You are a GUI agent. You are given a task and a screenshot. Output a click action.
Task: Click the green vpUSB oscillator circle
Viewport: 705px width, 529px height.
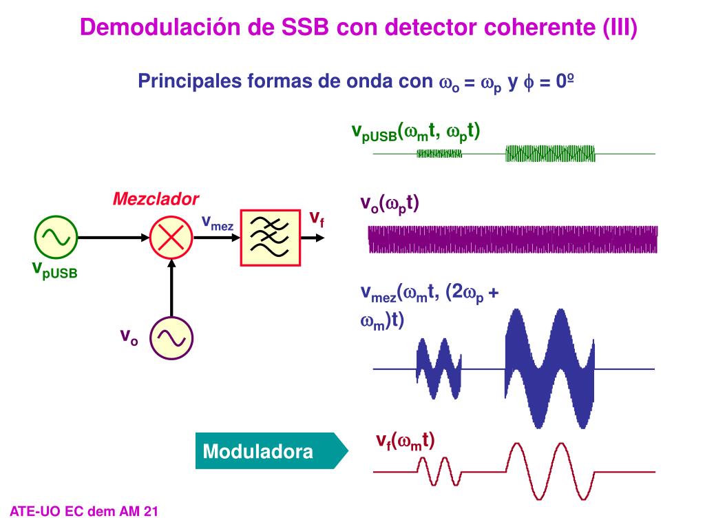tap(55, 236)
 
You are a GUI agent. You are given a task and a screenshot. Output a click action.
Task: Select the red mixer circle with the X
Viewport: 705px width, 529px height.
tap(169, 236)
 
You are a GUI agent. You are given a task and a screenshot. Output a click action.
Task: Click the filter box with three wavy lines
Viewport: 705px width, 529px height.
tap(270, 236)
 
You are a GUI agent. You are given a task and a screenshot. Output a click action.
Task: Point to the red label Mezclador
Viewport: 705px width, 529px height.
tap(156, 200)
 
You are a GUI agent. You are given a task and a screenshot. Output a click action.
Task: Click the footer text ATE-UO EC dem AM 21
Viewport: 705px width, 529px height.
tap(85, 511)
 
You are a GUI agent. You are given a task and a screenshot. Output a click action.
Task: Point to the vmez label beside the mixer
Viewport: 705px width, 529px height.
tap(217, 222)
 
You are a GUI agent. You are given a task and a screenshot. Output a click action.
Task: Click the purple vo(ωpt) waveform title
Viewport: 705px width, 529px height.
tap(390, 203)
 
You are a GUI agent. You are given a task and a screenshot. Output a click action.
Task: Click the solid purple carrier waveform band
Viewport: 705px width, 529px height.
tap(513, 240)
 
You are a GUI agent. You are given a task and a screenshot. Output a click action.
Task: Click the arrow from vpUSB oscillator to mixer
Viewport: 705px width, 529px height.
tap(113, 236)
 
